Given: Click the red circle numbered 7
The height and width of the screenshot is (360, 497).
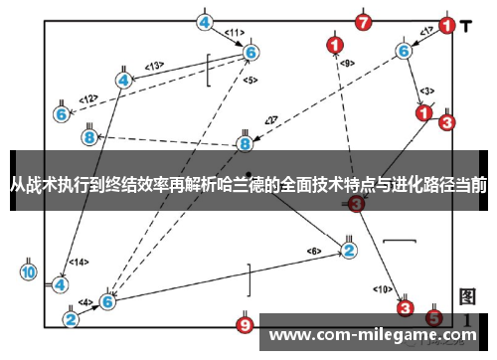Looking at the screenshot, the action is pyautogui.click(x=363, y=21).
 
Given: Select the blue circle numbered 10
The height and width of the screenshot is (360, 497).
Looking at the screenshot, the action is pyautogui.click(x=28, y=270).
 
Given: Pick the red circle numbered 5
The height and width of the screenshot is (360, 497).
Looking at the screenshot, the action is pyautogui.click(x=432, y=318).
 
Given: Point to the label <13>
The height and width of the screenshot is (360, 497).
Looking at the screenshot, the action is pyautogui.click(x=154, y=67).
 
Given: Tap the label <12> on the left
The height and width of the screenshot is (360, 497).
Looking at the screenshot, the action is pyautogui.click(x=88, y=98).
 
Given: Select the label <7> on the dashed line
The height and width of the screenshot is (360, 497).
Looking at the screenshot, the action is pyautogui.click(x=269, y=120).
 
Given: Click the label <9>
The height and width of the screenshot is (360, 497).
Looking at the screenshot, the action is pyautogui.click(x=346, y=63).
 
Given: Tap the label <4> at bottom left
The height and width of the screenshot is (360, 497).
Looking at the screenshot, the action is pyautogui.click(x=86, y=301).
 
